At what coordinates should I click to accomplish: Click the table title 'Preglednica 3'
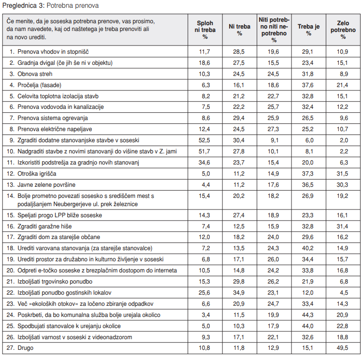[x=23, y=5]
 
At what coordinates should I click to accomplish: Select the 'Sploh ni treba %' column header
[x=205, y=30]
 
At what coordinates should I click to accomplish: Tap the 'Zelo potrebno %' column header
[x=343, y=30]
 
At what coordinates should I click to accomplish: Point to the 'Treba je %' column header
[x=308, y=30]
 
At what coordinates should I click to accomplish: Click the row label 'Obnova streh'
[x=35, y=74]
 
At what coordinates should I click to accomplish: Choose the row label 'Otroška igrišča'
[x=37, y=174]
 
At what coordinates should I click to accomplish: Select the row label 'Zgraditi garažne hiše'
[x=44, y=226]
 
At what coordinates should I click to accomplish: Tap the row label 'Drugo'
[x=26, y=348]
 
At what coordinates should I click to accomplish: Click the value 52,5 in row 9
[x=204, y=140]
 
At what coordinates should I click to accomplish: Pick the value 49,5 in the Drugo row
[x=342, y=348]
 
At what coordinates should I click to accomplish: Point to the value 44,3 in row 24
[x=308, y=315]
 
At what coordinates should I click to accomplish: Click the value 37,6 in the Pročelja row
[x=308, y=85]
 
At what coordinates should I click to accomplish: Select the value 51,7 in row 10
[x=204, y=151]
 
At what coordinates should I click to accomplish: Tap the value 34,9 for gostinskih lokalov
[x=239, y=293]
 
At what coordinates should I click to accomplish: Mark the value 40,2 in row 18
[x=308, y=248]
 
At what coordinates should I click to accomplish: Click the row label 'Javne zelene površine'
[x=46, y=185]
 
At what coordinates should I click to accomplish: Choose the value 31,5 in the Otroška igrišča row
[x=342, y=174]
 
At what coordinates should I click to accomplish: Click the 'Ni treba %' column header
[x=240, y=30]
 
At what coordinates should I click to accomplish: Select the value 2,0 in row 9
[x=344, y=140]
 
